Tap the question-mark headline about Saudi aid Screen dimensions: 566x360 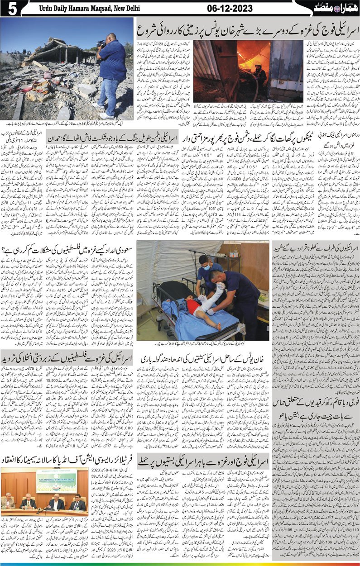tap(68, 248)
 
